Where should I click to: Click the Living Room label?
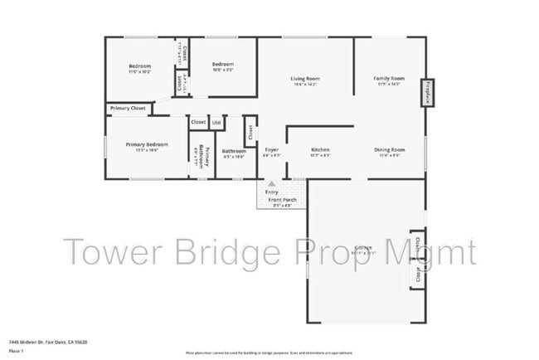pyautogui.click(x=306, y=79)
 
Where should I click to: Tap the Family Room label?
pyautogui.click(x=389, y=78)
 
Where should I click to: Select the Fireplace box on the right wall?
pyautogui.click(x=428, y=92)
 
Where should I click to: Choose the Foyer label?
pyautogui.click(x=272, y=150)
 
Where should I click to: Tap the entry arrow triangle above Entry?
pyautogui.click(x=271, y=184)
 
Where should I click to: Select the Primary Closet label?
pyautogui.click(x=129, y=108)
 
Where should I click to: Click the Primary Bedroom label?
pyautogui.click(x=147, y=144)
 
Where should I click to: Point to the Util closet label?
pyautogui.click(x=216, y=122)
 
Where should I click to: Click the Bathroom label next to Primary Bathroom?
pyautogui.click(x=234, y=150)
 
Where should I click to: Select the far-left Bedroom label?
pyautogui.click(x=139, y=66)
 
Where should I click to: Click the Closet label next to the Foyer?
pyautogui.click(x=250, y=131)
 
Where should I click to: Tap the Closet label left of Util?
pyautogui.click(x=198, y=122)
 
